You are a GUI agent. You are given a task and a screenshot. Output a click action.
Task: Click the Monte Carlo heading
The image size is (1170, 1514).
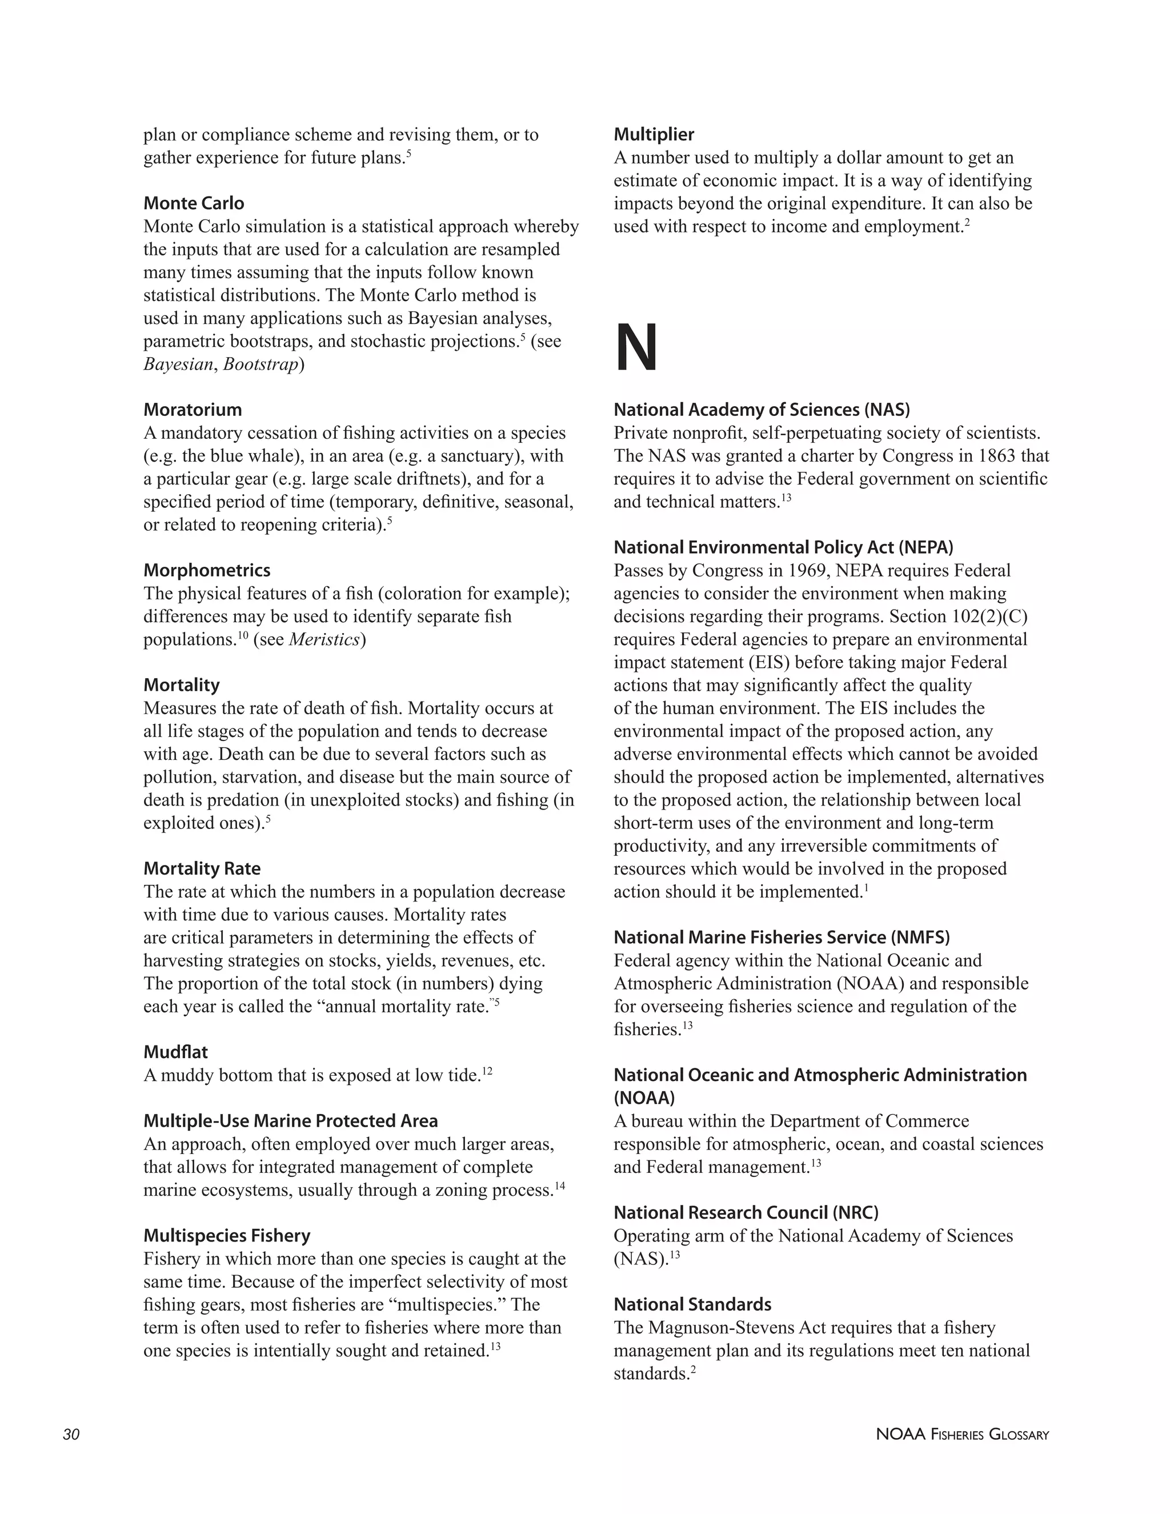pos(194,203)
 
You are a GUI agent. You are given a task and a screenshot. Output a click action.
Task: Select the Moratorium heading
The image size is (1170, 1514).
pos(192,410)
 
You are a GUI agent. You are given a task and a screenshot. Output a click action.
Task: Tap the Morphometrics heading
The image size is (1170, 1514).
pos(207,571)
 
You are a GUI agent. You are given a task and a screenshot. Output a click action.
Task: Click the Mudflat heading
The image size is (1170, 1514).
pos(175,1052)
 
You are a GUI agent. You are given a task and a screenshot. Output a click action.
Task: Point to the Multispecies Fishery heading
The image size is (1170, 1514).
pos(227,1236)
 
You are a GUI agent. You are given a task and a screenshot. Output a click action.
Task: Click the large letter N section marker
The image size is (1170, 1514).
pos(636,349)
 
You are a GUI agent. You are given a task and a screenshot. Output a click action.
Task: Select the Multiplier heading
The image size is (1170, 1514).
pos(654,134)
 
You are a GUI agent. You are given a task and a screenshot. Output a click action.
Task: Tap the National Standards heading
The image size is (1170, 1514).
pos(692,1305)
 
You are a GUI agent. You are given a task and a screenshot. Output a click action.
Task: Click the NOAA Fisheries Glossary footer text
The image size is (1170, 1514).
pos(962,1435)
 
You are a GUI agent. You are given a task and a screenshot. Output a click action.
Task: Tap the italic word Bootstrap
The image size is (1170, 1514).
pos(261,364)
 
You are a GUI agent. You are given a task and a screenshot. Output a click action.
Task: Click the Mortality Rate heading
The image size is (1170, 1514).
pos(202,868)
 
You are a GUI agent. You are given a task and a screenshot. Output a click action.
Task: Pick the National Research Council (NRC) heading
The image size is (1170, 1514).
pos(746,1212)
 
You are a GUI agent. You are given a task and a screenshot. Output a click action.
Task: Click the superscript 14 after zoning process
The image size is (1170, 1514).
pos(559,1186)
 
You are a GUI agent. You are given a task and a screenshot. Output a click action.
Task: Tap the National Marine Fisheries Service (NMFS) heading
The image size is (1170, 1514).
pos(781,937)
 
